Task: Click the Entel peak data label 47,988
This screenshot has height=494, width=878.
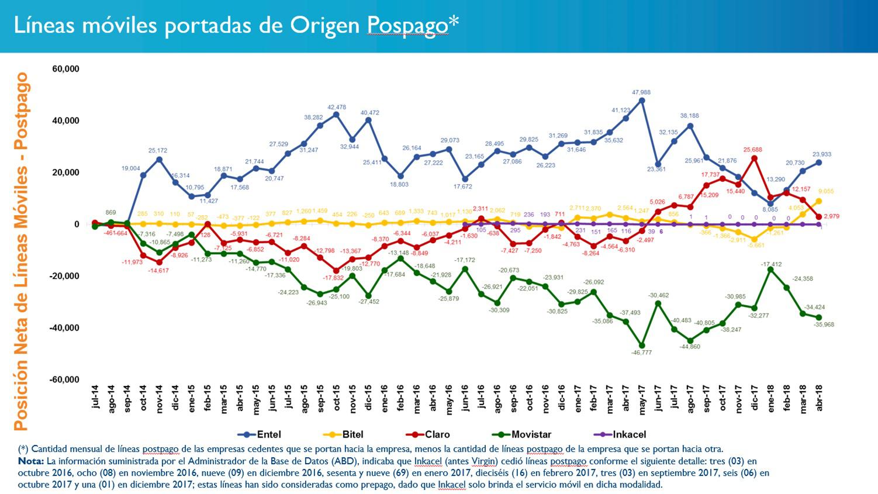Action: (641, 92)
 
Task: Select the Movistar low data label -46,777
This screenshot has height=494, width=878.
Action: (641, 353)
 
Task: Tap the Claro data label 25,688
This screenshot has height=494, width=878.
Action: (754, 150)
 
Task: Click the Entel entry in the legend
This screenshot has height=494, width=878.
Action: (268, 434)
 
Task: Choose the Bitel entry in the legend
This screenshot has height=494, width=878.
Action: (352, 434)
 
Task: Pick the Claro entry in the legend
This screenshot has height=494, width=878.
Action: (437, 434)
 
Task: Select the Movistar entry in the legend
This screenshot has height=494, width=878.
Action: (531, 434)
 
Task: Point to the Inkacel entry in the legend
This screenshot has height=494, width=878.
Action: (629, 434)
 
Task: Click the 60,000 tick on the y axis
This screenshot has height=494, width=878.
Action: (65, 69)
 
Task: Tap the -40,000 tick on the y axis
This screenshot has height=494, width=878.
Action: (64, 328)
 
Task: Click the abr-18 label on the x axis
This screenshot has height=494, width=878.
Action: (818, 398)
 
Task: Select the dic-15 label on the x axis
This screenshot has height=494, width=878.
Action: (368, 398)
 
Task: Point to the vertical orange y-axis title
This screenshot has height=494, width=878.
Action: (22, 251)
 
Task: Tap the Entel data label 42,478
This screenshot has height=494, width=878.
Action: (336, 107)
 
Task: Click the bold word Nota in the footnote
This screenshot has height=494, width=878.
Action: (30, 461)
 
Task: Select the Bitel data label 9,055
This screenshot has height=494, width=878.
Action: (825, 191)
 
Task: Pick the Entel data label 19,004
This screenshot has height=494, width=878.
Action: (131, 168)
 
